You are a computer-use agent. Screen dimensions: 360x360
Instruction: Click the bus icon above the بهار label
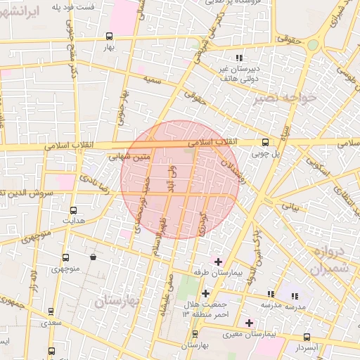pyautogui.click(x=109, y=36)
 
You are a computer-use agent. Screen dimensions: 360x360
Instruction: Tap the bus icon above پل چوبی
pyautogui.click(x=264, y=141)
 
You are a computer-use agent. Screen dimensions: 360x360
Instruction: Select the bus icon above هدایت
pyautogui.click(x=73, y=210)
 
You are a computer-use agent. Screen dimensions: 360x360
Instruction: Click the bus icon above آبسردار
pyautogui.click(x=306, y=337)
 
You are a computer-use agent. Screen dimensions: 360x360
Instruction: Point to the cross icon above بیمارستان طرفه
pyautogui.click(x=217, y=262)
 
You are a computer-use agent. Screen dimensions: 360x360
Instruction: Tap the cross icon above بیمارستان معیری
pyautogui.click(x=249, y=323)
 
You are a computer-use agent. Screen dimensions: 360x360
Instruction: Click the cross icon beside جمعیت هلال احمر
pyautogui.click(x=205, y=293)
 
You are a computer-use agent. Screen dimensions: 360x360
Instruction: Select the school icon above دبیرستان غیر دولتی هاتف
pyautogui.click(x=239, y=58)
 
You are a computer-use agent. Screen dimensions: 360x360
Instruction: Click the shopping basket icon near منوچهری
pyautogui.click(x=93, y=257)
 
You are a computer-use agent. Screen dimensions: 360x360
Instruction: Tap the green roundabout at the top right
pyautogui.click(x=312, y=44)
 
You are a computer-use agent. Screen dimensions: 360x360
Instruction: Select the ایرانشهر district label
pyautogui.click(x=25, y=32)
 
